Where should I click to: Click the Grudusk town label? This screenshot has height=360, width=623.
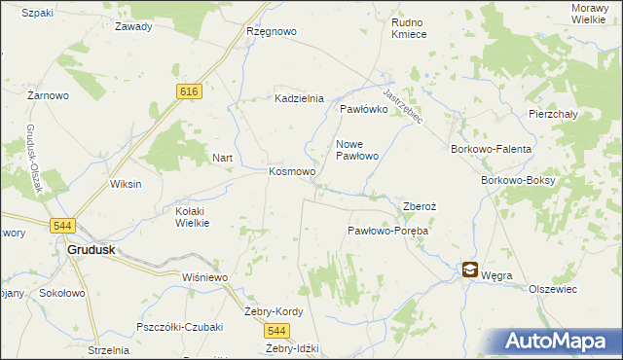point(92,249)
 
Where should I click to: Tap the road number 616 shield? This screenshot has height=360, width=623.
point(189,90)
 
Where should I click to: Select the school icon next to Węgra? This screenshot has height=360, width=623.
point(470,270)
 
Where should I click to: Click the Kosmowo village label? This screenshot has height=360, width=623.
point(292,172)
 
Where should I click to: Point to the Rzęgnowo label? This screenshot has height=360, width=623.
point(272,31)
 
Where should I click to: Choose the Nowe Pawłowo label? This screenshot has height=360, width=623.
point(356,150)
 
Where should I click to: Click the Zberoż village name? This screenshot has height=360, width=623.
point(420,206)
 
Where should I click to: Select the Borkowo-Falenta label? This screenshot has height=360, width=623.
point(491,149)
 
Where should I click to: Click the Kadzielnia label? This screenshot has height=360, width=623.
point(299,99)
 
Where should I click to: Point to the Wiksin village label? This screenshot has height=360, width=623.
point(126,184)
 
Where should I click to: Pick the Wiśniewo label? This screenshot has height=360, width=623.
point(204,277)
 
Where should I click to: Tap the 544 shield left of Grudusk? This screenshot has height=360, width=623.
point(62,226)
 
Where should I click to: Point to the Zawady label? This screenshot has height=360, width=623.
point(133,26)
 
